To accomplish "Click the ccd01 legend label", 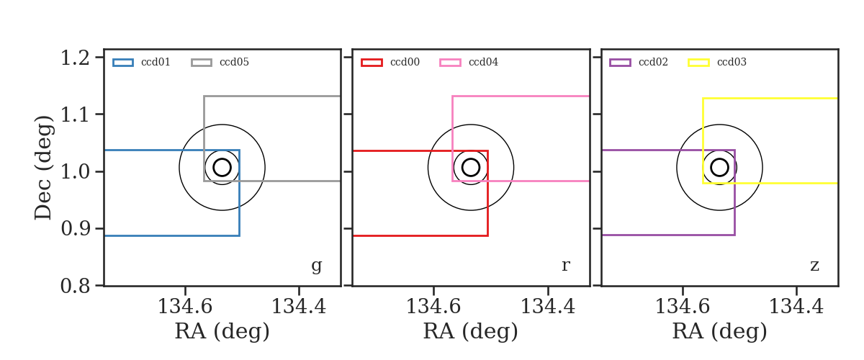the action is [x=156, y=62].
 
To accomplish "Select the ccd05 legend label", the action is [x=234, y=62].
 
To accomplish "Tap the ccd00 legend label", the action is [x=405, y=62].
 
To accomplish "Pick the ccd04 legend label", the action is [x=483, y=62].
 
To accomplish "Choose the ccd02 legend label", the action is [x=654, y=62].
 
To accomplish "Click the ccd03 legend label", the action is [x=732, y=62].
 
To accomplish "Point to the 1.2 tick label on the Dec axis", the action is [x=75, y=58].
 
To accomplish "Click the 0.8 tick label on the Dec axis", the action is [x=75, y=287].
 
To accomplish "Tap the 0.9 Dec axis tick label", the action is [x=75, y=229].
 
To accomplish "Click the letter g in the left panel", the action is [x=316, y=266].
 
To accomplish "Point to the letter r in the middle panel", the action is [x=565, y=266].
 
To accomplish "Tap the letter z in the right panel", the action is [x=814, y=266].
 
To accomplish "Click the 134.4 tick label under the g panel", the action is [x=299, y=307].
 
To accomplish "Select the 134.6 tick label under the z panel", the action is [x=683, y=307].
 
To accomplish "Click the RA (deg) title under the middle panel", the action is [x=471, y=331].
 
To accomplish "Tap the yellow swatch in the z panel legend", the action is [x=698, y=63].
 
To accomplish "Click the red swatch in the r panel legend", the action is [x=372, y=63].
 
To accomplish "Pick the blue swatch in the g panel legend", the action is [x=123, y=63].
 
